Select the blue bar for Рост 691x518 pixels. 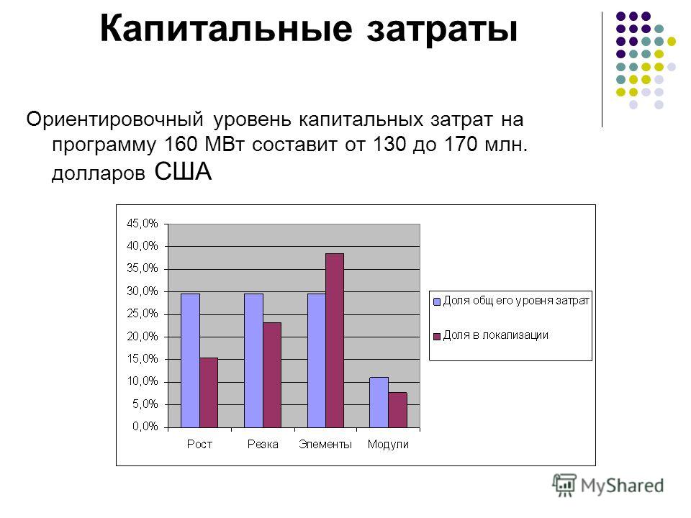pyautogui.click(x=190, y=360)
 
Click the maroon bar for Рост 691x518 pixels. pyautogui.click(x=209, y=393)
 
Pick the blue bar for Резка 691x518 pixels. pyautogui.click(x=254, y=360)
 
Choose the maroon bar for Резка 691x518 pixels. pyautogui.click(x=272, y=376)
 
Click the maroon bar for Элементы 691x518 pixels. pyautogui.click(x=335, y=340)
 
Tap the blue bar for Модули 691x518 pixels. pyautogui.click(x=379, y=403)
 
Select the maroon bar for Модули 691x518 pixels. pyautogui.click(x=397, y=410)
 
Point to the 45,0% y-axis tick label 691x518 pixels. pyautogui.click(x=142, y=224)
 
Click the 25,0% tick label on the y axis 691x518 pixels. pyautogui.click(x=142, y=314)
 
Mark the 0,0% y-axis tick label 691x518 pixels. pyautogui.click(x=145, y=427)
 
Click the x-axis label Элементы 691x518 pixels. pyautogui.click(x=325, y=445)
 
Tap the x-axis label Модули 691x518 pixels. pyautogui.click(x=388, y=445)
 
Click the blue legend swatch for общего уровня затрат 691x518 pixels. pyautogui.click(x=437, y=301)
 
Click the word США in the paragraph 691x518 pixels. pyautogui.click(x=184, y=172)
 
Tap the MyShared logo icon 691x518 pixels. pyautogui.click(x=564, y=485)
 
